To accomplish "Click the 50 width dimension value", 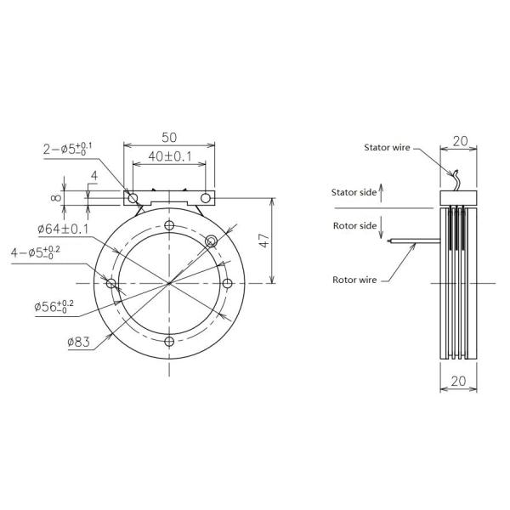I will (169, 136).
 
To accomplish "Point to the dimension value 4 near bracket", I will (94, 176).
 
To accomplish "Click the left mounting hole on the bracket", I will (133, 197).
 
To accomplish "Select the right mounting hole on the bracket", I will (206, 197).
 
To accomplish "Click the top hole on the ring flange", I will (170, 225).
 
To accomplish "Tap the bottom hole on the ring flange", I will (170, 341).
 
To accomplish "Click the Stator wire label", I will (388, 148).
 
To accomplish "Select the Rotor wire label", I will (355, 278).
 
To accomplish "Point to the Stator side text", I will (354, 193).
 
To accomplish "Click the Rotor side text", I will (354, 225).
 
